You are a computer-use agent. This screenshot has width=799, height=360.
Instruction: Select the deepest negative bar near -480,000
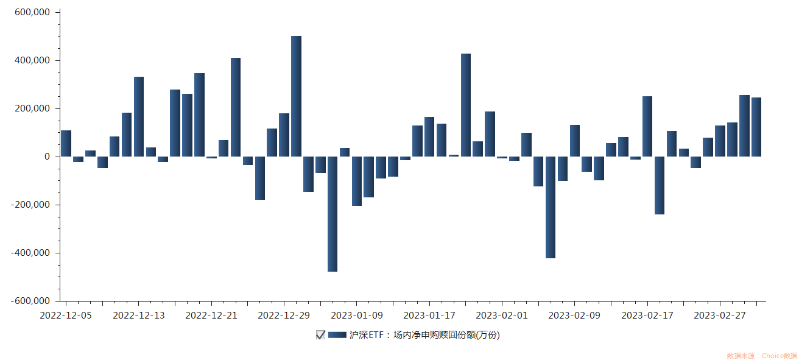click(x=333, y=214)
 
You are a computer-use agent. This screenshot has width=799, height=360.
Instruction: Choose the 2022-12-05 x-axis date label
click(x=66, y=315)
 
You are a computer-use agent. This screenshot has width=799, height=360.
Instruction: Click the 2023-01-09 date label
click(x=357, y=315)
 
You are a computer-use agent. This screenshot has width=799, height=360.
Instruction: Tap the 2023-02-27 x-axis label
click(x=720, y=315)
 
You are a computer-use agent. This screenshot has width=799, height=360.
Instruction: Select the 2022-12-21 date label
click(x=211, y=315)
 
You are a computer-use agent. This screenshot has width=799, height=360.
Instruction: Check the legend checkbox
click(x=320, y=334)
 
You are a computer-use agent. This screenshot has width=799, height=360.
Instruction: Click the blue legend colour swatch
click(x=337, y=334)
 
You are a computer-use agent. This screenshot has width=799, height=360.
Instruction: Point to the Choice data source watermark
click(x=761, y=355)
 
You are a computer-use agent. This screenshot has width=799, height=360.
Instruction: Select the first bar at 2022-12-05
click(x=66, y=144)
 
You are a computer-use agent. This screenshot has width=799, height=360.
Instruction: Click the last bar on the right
click(x=756, y=127)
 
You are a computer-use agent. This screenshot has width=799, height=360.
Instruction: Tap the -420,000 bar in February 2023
click(x=551, y=207)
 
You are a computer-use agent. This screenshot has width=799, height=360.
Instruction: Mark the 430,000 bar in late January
click(x=466, y=105)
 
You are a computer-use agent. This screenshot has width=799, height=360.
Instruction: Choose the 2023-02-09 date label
click(x=574, y=315)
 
